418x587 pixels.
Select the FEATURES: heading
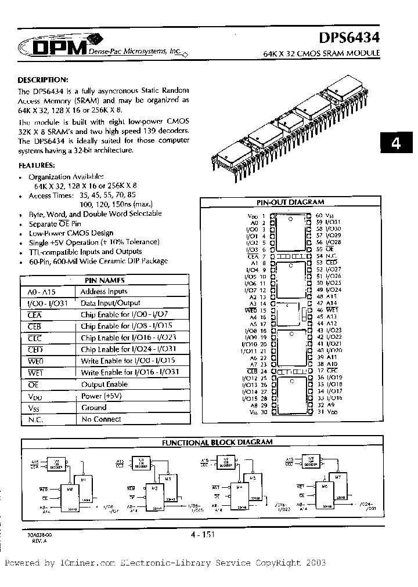pos(39,165)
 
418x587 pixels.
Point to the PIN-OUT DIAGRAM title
pos(290,202)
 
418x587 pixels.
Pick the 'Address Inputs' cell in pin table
pos(104,292)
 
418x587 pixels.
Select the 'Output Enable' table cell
pos(105,385)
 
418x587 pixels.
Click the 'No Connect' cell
pos(102,419)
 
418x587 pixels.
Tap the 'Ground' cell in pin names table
pos(94,408)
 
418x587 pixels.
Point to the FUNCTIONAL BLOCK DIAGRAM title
pos(217,442)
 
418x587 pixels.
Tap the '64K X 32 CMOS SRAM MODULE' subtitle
pos(322,53)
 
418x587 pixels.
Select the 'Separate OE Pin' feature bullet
pos(55,223)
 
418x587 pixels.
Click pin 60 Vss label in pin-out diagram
pos(323,216)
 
